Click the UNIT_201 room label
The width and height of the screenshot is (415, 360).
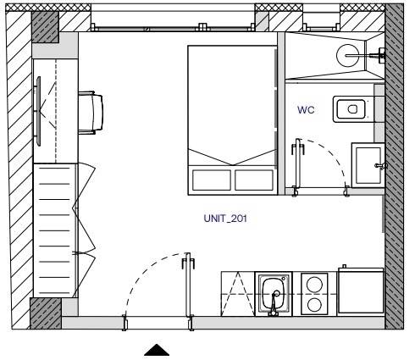(225, 219)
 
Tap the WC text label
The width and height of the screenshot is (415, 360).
(306, 110)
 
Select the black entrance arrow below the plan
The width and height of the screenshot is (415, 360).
(157, 350)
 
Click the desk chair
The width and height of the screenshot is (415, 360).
(91, 113)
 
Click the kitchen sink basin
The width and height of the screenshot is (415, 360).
(274, 293)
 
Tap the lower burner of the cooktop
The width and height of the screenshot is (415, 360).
(314, 305)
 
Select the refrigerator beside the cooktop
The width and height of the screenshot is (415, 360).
(361, 291)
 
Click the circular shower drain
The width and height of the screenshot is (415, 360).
(348, 55)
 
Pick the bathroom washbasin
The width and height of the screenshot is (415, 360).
(368, 165)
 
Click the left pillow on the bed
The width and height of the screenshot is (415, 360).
(212, 180)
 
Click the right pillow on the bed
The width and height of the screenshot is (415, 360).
(254, 180)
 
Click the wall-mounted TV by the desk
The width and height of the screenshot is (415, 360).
(38, 111)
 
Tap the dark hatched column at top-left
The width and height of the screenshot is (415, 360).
(45, 27)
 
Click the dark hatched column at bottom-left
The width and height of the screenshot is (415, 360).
(46, 313)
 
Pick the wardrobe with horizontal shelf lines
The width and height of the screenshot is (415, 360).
(55, 230)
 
